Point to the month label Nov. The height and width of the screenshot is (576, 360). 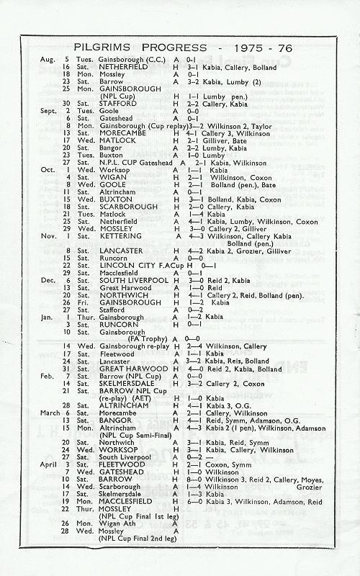point(48,235)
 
